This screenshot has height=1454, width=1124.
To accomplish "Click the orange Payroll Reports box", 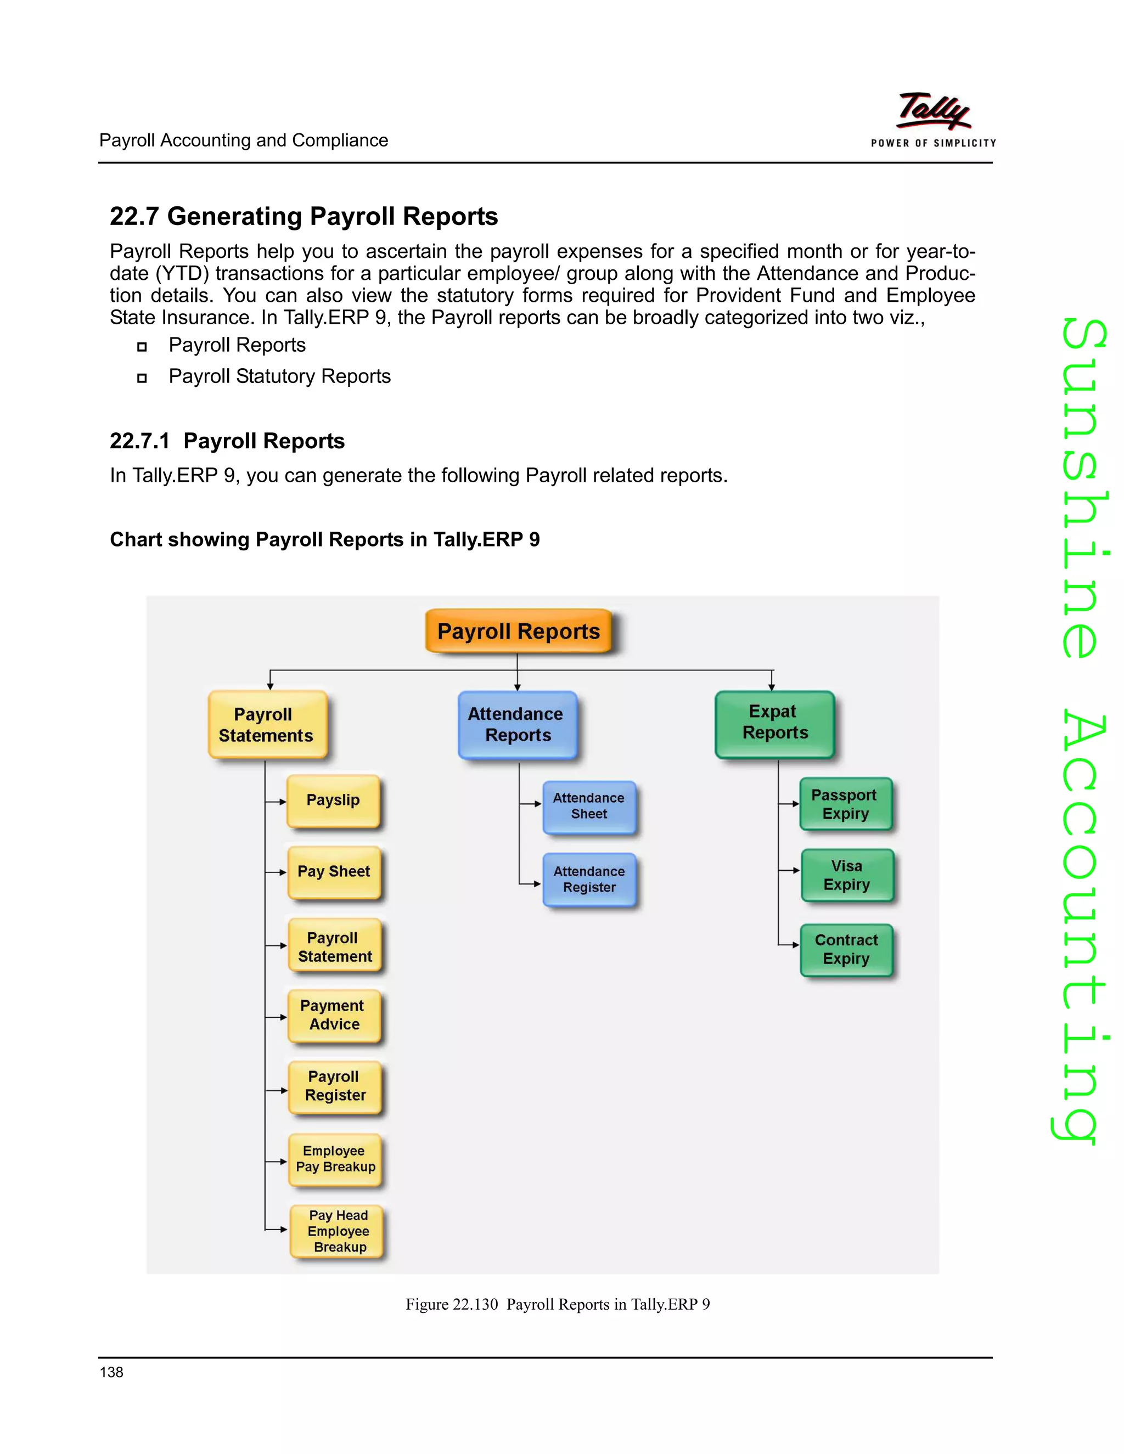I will click(518, 631).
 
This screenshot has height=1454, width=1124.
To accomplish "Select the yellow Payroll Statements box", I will click(268, 724).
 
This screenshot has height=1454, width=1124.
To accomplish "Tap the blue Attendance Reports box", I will click(518, 724).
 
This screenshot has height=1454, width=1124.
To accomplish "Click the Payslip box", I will click(334, 801).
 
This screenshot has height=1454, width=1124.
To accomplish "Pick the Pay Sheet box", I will click(334, 872).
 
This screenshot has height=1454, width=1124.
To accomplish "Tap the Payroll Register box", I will click(335, 1086).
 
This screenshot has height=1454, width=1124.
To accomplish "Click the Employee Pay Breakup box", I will click(335, 1159).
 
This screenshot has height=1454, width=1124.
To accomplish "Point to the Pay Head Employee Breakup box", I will click(338, 1231).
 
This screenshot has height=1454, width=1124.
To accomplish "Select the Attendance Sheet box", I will click(589, 806).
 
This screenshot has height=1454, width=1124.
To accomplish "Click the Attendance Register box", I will click(589, 880).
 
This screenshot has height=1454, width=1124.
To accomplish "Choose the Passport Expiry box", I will click(846, 804).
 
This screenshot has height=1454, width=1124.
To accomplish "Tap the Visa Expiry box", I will click(847, 876).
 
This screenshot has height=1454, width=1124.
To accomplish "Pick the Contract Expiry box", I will click(846, 949).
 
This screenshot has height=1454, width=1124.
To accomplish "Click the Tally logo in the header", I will click(934, 111).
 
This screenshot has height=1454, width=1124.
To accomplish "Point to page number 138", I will click(111, 1372).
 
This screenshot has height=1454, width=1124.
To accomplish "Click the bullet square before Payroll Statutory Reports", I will click(142, 378).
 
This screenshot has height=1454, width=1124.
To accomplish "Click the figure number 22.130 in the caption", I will click(475, 1304).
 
